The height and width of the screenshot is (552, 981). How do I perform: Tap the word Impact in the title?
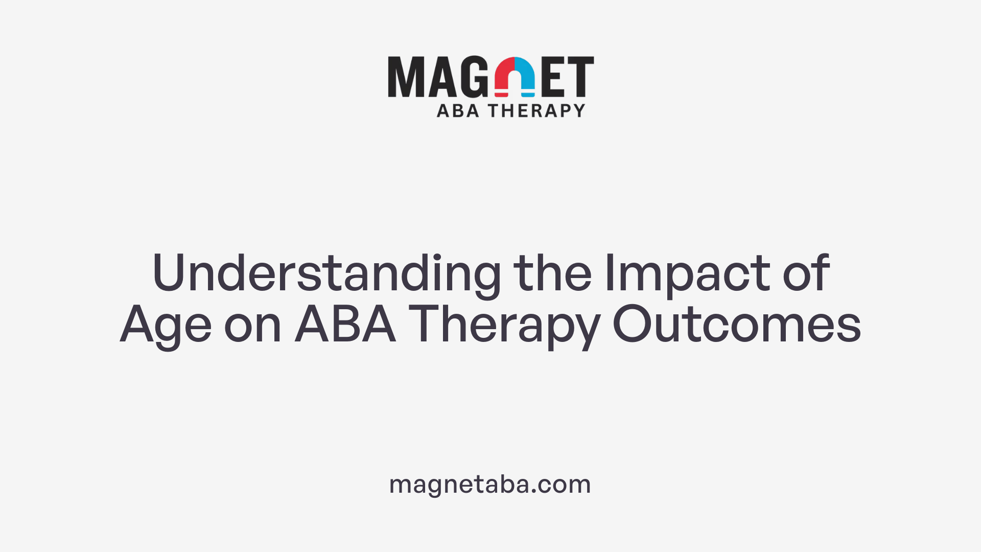pos(687,273)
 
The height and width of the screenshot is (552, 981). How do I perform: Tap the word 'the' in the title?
pos(552,273)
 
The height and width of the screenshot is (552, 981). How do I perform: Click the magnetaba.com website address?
pos(490,484)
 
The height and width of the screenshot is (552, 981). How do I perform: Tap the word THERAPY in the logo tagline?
pos(536,110)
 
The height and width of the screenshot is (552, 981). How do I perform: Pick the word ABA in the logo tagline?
pos(458,110)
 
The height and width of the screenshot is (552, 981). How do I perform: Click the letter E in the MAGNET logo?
pos(552,77)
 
